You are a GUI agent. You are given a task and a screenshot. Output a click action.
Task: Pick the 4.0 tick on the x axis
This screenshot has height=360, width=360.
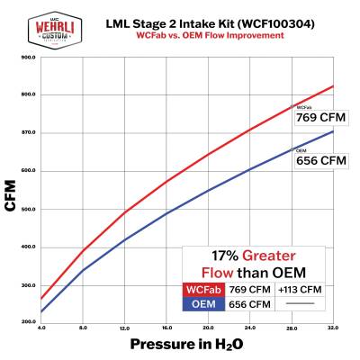[42, 328]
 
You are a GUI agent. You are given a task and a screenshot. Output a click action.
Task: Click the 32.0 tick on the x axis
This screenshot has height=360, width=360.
[333, 328]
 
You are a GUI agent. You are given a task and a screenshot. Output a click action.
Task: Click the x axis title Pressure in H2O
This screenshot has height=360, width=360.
[187, 345]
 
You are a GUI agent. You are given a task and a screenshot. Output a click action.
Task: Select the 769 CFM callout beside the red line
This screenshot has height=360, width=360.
[320, 117]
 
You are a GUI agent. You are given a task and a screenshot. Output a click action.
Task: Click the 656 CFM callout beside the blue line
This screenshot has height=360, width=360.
[320, 160]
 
